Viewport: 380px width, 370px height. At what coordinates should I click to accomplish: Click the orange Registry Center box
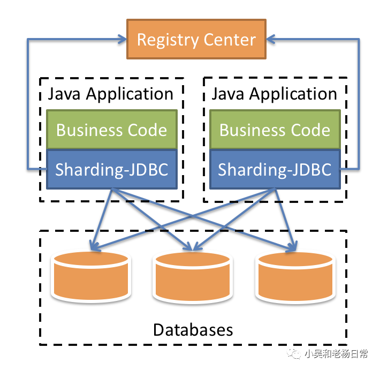tap(196, 39)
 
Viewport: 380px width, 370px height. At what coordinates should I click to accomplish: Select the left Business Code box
tap(111, 130)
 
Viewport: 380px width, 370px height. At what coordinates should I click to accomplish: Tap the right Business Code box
tap(275, 130)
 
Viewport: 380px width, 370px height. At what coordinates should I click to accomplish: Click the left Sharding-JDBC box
tap(111, 170)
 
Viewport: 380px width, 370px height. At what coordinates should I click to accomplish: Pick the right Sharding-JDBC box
tap(275, 170)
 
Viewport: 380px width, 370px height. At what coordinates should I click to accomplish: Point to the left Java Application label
tap(111, 94)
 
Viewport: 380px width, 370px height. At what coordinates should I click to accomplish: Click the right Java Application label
tap(275, 94)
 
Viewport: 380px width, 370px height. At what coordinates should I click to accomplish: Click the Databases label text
tap(193, 329)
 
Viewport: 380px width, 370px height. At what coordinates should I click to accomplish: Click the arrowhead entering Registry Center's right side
tap(271, 39)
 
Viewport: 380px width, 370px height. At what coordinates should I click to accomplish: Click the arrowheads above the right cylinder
tap(292, 247)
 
